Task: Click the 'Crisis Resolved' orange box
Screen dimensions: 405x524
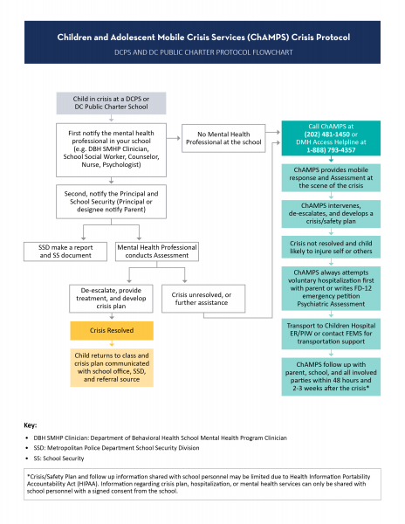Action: [112, 330]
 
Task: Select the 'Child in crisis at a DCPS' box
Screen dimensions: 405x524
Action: [111, 103]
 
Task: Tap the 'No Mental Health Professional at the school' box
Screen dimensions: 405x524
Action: [223, 138]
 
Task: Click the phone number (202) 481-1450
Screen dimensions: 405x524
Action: [326, 134]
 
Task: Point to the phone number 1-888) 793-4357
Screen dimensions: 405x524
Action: [331, 150]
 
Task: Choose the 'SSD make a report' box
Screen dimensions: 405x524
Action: [65, 252]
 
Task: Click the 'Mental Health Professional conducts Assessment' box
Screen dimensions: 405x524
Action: [157, 252]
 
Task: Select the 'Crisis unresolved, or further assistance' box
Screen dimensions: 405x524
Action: [203, 299]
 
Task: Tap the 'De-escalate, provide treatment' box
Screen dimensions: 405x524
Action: [111, 299]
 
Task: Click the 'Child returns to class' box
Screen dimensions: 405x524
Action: [112, 368]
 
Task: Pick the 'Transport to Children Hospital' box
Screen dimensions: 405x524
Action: [331, 334]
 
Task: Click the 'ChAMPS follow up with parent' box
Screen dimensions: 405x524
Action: [331, 376]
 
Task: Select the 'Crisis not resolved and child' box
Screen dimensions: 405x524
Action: [331, 247]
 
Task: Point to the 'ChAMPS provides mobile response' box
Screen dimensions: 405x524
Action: [331, 178]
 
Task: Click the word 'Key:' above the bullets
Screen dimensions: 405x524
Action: [30, 425]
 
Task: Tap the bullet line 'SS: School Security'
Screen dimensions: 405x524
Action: [58, 458]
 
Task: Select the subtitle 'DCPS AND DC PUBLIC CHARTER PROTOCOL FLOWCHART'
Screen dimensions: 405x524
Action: [203, 52]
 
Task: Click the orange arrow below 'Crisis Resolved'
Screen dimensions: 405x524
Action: [112, 343]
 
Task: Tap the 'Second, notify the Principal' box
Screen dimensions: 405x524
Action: [111, 202]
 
